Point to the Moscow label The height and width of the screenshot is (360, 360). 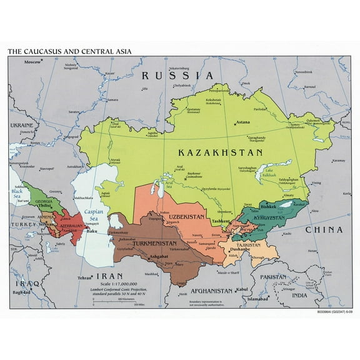(x=31, y=62)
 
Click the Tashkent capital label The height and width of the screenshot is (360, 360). (x=220, y=221)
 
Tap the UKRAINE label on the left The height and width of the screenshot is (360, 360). (x=22, y=125)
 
